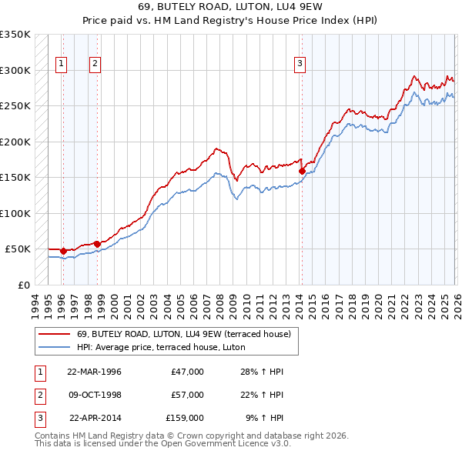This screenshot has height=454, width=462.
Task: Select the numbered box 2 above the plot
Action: point(95,65)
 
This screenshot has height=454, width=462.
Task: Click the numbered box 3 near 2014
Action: point(300,65)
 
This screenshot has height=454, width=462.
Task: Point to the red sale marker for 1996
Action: point(63,251)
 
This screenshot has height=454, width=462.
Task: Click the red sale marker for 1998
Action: point(97,244)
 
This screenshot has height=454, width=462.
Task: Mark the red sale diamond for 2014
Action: point(302,171)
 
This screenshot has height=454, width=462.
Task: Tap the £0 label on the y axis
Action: point(23,285)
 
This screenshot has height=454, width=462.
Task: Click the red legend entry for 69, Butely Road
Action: point(183,334)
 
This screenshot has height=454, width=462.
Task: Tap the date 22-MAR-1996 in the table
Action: point(95,372)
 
